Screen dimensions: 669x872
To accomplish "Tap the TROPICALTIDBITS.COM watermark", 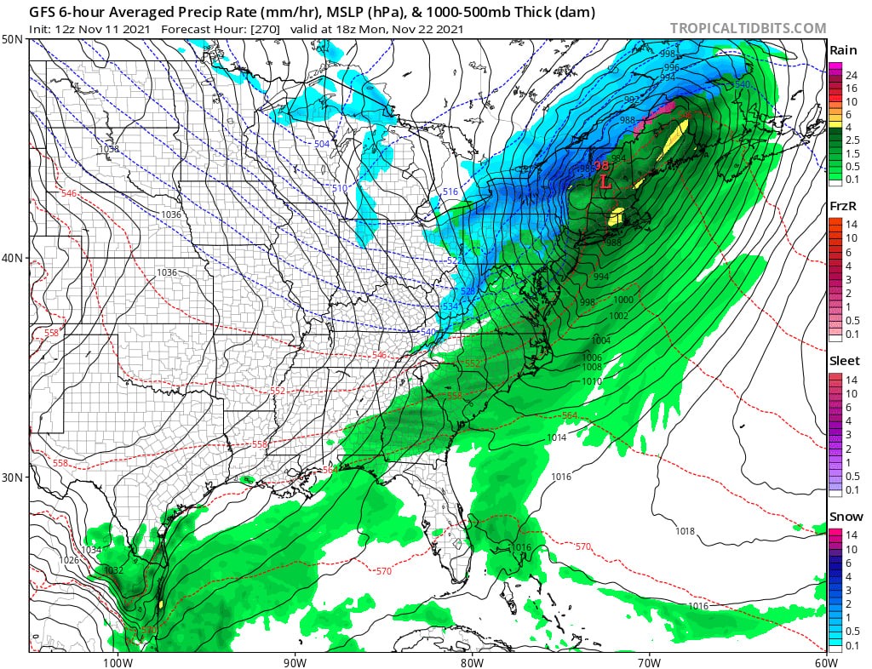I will (748, 28).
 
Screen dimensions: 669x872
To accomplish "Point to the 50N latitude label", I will (13, 40).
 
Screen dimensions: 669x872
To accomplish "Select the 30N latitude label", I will (13, 477).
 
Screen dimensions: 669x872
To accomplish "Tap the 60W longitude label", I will (824, 661).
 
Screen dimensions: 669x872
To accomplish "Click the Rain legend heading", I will (844, 49).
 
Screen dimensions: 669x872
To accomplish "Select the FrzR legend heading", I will (844, 206).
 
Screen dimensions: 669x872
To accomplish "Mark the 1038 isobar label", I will (110, 148).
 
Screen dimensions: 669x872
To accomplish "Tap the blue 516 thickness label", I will (450, 192).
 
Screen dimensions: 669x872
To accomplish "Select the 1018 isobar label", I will (685, 531).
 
